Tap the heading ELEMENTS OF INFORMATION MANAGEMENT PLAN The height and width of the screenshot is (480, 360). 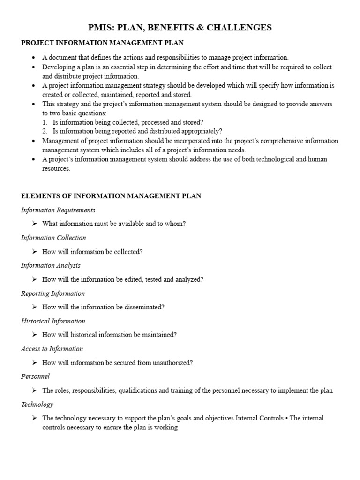[111, 196]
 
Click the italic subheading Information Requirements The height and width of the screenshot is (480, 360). [58, 210]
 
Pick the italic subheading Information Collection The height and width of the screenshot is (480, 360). [53, 238]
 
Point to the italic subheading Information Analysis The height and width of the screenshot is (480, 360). [51, 265]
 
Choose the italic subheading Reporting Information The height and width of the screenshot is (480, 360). [53, 293]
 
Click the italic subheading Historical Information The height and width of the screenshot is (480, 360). [53, 321]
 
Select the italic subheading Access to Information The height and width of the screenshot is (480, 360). [52, 349]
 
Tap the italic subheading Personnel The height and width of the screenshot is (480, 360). [35, 376]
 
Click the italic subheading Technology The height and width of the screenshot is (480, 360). [37, 404]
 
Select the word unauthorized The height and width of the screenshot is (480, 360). [172, 363]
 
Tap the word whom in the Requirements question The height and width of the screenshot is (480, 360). [175, 224]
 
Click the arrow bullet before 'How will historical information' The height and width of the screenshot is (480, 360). [34, 335]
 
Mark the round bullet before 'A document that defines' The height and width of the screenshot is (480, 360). [34, 58]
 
